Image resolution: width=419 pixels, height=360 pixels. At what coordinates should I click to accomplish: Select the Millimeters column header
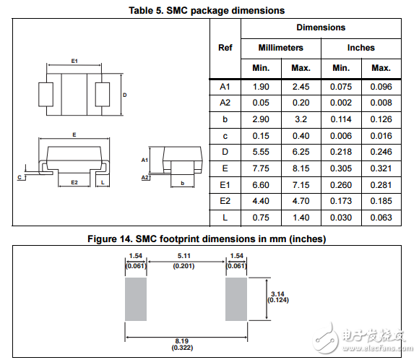280,48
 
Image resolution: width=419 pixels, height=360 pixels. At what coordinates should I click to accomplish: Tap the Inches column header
360,48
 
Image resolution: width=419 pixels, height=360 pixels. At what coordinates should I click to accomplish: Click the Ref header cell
225,48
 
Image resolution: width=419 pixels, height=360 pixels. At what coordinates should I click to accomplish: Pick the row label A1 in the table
225,87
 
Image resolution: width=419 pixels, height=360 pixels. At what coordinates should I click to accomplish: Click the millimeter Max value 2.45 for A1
301,87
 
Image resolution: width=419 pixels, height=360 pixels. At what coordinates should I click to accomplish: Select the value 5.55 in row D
260,153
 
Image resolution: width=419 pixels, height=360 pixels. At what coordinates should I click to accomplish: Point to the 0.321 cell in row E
381,169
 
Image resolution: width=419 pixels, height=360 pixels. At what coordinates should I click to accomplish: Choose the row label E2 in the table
225,202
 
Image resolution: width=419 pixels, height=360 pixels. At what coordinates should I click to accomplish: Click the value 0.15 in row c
260,136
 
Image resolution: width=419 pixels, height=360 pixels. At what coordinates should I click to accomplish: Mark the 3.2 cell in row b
301,119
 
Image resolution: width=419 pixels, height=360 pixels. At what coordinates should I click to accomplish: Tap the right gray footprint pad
236,299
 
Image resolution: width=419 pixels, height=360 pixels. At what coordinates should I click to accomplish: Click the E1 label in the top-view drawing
74,61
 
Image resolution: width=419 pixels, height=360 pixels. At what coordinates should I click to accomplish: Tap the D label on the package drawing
124,95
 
